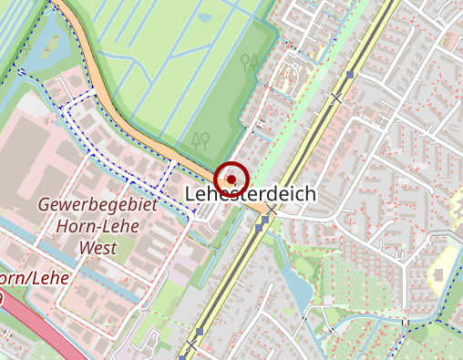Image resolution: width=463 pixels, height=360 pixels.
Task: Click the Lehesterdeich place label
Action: (x=250, y=194)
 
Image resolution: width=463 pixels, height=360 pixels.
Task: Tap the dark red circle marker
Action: (x=231, y=176)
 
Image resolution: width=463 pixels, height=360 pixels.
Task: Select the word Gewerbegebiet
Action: (x=98, y=205)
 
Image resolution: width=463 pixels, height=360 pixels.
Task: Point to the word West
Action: (x=98, y=247)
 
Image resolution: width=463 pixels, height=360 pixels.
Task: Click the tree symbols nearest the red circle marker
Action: (x=201, y=139)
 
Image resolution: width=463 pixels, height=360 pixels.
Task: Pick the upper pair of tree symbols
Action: (x=249, y=61)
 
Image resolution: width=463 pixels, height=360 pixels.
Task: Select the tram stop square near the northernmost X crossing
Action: (x=351, y=73)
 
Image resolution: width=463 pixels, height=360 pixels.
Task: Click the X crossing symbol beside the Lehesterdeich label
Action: (x=271, y=210)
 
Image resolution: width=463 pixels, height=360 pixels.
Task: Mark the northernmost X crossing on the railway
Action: (x=337, y=97)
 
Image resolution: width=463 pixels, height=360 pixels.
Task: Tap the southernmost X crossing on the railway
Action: (x=190, y=346)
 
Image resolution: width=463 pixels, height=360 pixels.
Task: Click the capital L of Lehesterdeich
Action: (x=191, y=194)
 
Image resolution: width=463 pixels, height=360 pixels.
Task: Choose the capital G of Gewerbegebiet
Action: (x=44, y=205)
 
